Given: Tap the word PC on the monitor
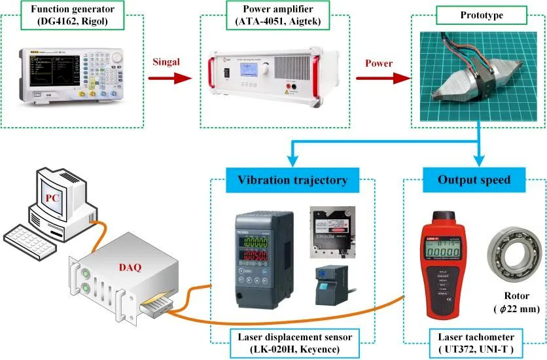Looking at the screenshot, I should (x=52, y=197).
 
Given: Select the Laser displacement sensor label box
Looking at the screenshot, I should (x=292, y=342).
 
